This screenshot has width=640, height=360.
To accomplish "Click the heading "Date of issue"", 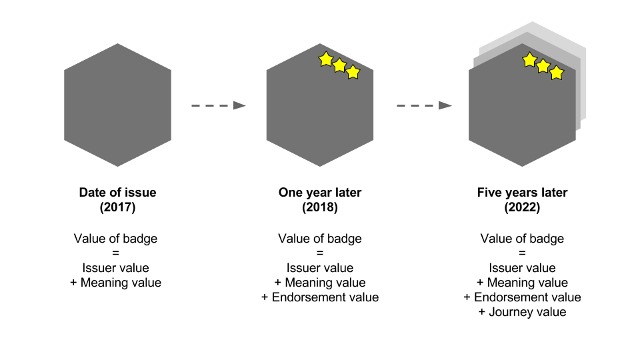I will tap(117, 193).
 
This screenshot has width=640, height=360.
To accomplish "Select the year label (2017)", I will tap(117, 207).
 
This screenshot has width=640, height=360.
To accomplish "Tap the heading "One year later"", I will tap(320, 193).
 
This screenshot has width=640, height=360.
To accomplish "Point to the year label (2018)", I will tap(320, 207).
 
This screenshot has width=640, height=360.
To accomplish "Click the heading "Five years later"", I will tap(522, 193).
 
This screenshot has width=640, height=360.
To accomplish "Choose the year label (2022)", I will tap(522, 207).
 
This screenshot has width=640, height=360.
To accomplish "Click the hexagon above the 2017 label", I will tap(117, 105).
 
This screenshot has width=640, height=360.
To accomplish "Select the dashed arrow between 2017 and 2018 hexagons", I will tap(219, 105).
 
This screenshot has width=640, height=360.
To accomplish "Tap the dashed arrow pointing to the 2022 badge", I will tap(424, 105).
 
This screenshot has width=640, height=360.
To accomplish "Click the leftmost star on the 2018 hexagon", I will tap(325, 59).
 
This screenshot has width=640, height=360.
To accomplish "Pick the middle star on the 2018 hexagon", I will tap(339, 65).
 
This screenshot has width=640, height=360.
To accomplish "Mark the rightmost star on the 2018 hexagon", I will tap(353, 71).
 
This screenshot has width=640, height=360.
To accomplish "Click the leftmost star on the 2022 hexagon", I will tap(529, 60).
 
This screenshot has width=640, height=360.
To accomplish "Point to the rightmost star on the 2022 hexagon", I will tap(557, 72).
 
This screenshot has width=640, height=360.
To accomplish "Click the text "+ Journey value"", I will tap(522, 312).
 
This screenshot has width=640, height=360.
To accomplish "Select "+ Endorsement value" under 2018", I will tap(320, 297).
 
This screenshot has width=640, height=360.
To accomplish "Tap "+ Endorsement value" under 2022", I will tap(522, 297).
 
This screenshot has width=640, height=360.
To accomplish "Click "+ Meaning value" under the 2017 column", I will tap(116, 283).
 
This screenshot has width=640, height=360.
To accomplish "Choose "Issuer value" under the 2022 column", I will tap(522, 268).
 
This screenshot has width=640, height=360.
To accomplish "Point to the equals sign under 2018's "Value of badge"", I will tap(320, 253).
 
